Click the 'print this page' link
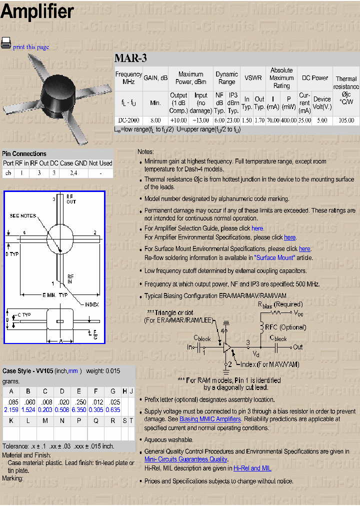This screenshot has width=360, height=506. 31,47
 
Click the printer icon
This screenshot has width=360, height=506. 6,43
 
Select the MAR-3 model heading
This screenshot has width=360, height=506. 130,58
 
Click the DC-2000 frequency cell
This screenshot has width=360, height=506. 128,120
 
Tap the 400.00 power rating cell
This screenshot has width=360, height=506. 288,120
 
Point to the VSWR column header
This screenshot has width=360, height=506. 253,78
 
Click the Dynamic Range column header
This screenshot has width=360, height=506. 226,78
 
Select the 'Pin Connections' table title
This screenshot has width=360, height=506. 24,153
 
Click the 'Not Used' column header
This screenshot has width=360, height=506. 101,163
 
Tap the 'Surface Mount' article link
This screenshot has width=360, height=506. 274,258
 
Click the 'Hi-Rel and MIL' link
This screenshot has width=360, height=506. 252,468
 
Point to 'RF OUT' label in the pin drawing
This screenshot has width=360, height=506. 71,199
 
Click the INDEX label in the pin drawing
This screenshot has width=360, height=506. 91,304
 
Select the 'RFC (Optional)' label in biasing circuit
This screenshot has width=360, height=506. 285,327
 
